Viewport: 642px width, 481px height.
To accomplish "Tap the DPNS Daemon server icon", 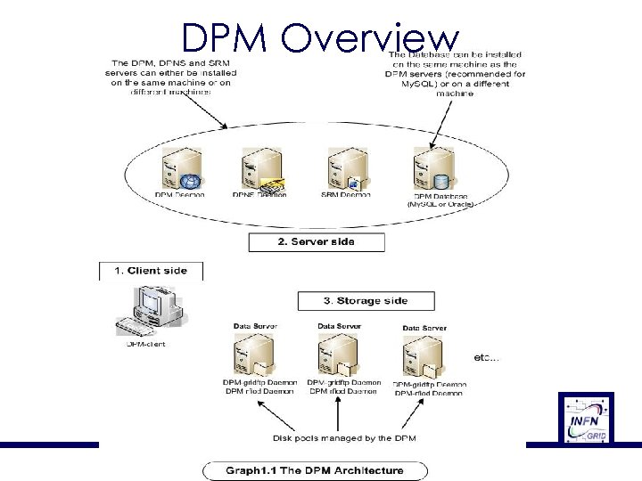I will coord(259,169).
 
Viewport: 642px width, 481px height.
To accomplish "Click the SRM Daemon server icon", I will coord(346,169).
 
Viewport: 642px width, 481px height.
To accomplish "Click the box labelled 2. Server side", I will coord(317,242).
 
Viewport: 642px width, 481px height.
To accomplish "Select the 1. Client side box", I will coord(151,271).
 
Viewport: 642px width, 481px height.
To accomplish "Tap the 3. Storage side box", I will coord(366,301).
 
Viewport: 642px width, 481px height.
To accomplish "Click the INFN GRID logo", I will coord(586,417).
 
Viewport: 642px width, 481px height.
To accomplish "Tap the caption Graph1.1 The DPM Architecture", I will coord(314,470).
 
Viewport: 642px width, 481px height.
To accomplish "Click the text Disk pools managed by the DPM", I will coord(344,438).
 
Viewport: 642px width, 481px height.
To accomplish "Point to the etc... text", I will coord(486,358).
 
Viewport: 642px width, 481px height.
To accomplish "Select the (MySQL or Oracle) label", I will coord(440,204).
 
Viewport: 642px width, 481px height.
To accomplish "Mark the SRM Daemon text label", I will coord(346,195).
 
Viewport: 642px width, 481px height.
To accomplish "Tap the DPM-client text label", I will coord(145,343).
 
